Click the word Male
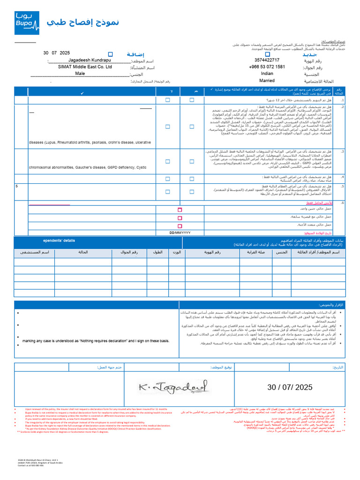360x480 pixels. click(80, 74)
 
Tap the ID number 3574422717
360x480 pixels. click(267, 60)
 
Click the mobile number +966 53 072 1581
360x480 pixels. click(267, 67)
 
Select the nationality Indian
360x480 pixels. click(267, 74)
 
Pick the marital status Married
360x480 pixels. click(267, 81)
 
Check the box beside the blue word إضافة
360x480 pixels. click(110, 54)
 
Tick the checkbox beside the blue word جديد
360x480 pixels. click(268, 54)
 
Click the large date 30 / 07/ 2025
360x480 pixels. click(289, 387)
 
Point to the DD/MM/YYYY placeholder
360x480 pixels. click(180, 232)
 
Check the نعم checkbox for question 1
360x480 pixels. click(192, 100)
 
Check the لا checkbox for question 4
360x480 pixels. click(168, 178)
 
